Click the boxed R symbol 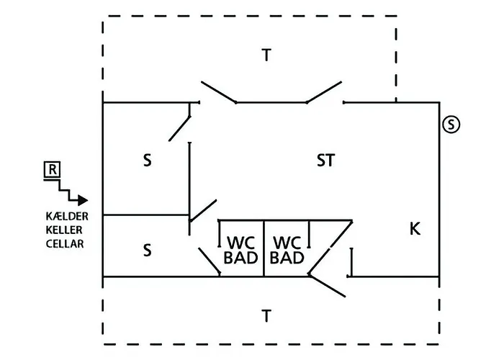tap(52, 170)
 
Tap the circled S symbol tap(451, 124)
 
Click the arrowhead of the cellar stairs tap(83, 200)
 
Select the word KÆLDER tap(67, 216)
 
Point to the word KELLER tap(64, 230)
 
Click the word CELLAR tap(65, 244)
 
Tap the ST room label tap(325, 160)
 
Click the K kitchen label tap(415, 229)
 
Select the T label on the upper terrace tap(266, 55)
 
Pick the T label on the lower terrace tap(266, 316)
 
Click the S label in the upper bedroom tap(147, 160)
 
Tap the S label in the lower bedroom tap(147, 250)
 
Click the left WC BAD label tap(240, 250)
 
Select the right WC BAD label tap(287, 250)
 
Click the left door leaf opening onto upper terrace tap(219, 92)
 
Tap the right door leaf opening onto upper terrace tap(324, 92)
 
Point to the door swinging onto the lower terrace tap(327, 285)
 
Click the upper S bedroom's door tap(179, 129)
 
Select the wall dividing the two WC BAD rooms tap(264, 248)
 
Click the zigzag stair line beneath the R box tap(63, 190)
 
